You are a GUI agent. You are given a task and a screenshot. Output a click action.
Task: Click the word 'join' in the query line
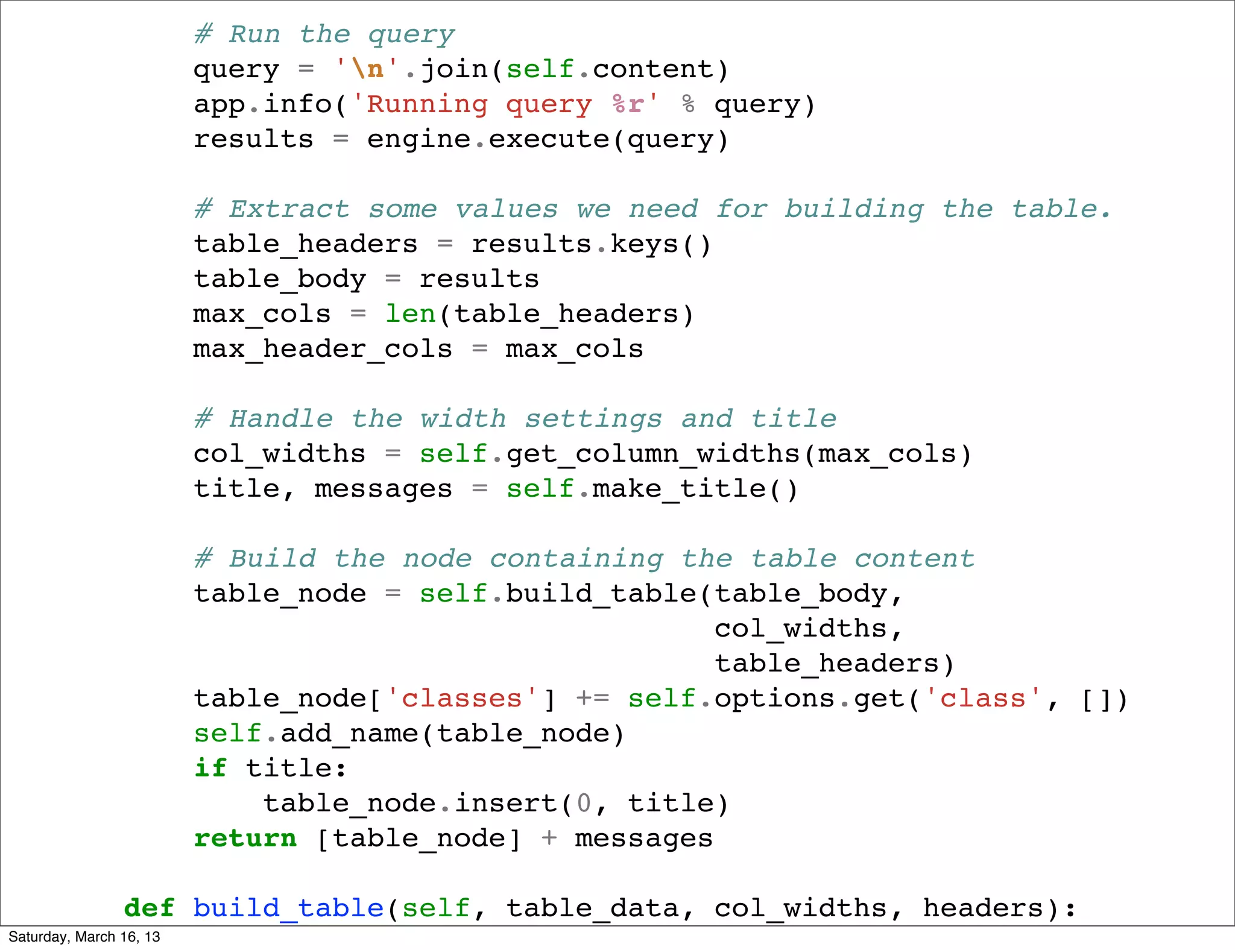pos(454,69)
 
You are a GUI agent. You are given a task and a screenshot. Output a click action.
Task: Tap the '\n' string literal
pos(367,69)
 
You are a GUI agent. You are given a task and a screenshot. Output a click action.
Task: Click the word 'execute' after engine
pos(549,139)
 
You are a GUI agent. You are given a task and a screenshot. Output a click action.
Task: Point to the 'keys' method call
pos(644,244)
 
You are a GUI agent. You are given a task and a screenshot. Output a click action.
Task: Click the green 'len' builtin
pos(410,314)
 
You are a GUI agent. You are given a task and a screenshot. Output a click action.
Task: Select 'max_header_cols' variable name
pos(323,349)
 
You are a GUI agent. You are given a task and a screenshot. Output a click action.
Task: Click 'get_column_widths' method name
pos(653,454)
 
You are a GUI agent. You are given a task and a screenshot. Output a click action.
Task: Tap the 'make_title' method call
pos(679,489)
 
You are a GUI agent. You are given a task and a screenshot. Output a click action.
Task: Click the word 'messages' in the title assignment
pos(383,489)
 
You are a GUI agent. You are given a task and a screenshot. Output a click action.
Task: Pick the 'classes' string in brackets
pos(461,699)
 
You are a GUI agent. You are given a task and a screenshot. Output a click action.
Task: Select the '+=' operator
pos(593,699)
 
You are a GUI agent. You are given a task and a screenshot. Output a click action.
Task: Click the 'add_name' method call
pos(349,734)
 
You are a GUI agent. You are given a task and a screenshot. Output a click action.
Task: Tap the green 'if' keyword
pos(210,769)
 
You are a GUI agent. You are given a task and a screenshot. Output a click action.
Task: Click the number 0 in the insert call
pos(584,804)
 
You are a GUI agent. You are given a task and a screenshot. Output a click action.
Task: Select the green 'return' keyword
pos(245,838)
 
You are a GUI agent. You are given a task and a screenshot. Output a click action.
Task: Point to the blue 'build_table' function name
pos(288,908)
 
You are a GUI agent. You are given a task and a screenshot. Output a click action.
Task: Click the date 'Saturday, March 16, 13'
pos(84,937)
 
